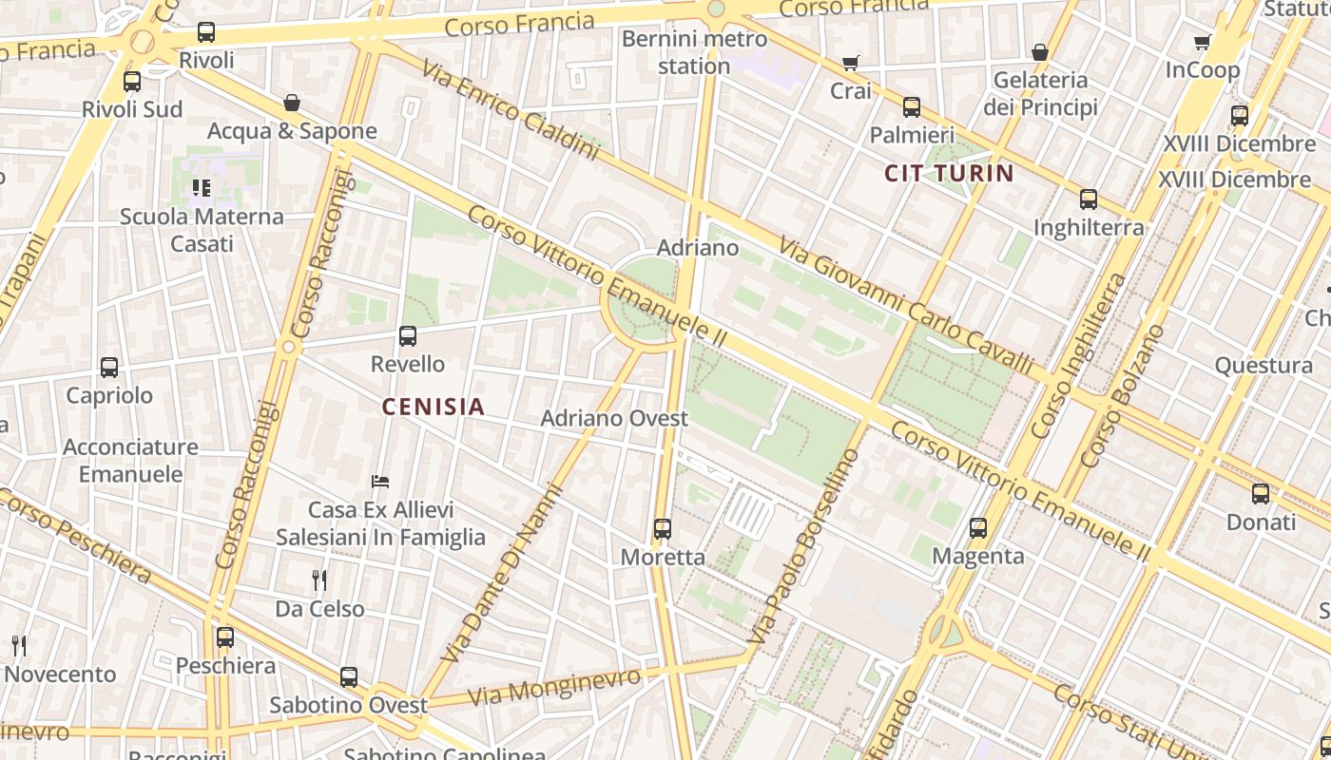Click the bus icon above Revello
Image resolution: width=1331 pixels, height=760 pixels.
coord(408,335)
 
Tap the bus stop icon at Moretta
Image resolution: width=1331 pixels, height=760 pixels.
coord(663,529)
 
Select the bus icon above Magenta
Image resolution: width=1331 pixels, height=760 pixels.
coord(978,528)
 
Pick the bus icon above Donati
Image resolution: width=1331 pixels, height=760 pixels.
coord(1261,494)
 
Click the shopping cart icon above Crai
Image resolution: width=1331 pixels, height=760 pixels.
coord(850,64)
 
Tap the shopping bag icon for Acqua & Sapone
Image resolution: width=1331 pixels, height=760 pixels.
coord(292,103)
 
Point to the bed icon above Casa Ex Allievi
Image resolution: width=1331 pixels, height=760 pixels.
coord(380,482)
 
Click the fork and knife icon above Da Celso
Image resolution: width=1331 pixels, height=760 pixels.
coord(319,579)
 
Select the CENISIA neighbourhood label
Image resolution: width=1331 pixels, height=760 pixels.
coord(434,407)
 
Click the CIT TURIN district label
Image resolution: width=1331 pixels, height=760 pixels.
coord(949,173)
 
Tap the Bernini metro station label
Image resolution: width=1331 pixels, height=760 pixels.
coord(694,52)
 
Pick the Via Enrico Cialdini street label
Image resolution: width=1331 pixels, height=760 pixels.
coord(510,111)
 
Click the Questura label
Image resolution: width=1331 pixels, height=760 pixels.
coord(1263,366)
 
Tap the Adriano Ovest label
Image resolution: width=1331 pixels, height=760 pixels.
coord(614,418)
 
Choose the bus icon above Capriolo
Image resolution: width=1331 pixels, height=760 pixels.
coord(109,367)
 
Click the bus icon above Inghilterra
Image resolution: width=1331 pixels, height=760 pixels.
coord(1089,199)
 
